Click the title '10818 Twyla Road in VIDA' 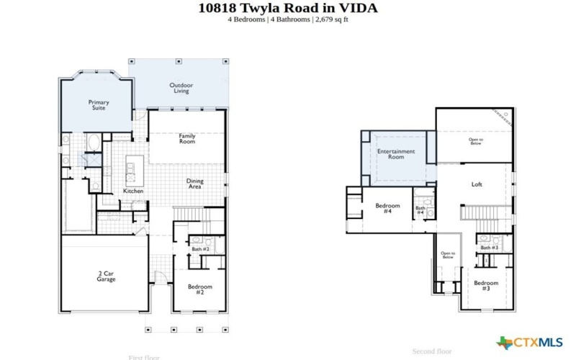(x=287, y=8)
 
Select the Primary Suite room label (x=99, y=105)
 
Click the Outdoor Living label (x=181, y=88)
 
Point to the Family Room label (x=187, y=138)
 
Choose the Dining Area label (x=194, y=184)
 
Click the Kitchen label (x=133, y=191)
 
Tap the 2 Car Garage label (x=106, y=276)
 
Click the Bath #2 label (x=200, y=249)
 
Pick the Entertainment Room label (x=396, y=154)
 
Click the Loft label (x=477, y=184)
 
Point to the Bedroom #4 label (x=387, y=208)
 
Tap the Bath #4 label (x=420, y=210)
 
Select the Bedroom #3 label (x=486, y=285)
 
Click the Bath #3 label (x=490, y=248)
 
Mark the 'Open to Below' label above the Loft (x=475, y=141)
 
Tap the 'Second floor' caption (x=432, y=351)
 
